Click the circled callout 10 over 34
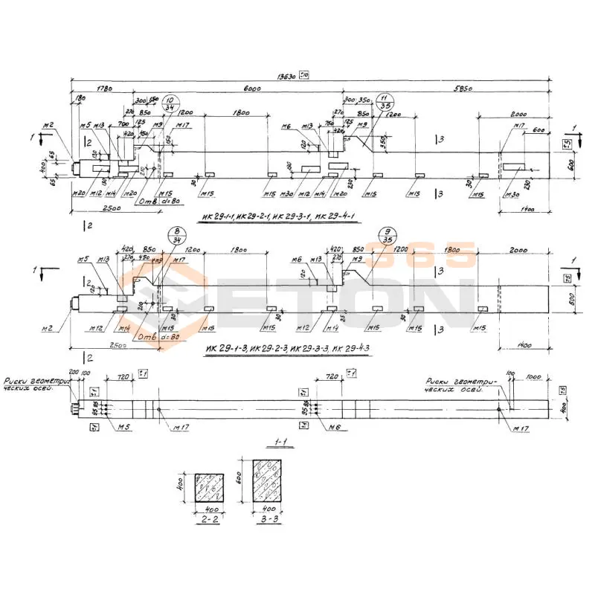click(170, 104)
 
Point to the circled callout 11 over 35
click(384, 103)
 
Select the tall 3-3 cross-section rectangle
click(268, 480)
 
